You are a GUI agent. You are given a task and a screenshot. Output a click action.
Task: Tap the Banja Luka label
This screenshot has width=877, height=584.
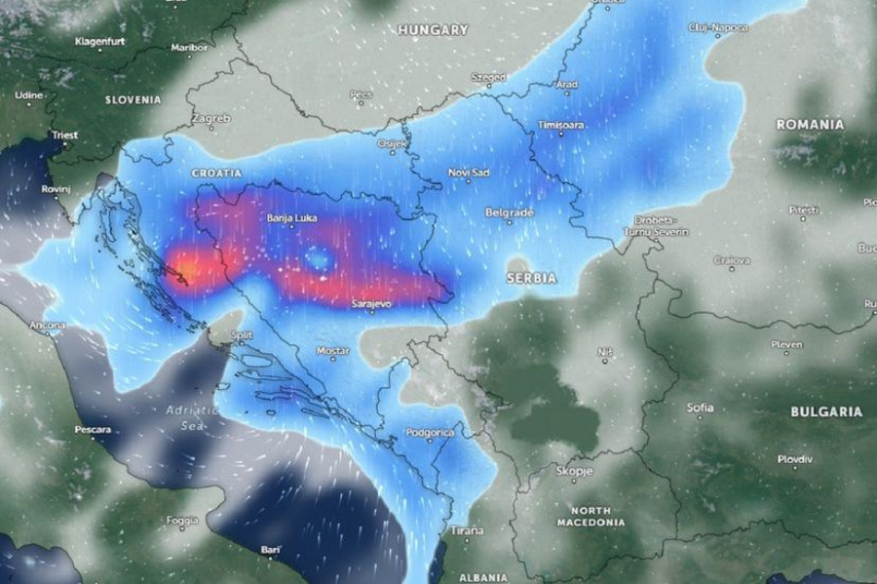pyautogui.click(x=289, y=219)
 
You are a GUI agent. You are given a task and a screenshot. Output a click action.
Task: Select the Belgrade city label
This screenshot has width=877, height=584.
pyautogui.click(x=510, y=212)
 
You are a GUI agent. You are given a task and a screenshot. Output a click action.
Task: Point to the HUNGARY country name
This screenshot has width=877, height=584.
pyautogui.click(x=433, y=30)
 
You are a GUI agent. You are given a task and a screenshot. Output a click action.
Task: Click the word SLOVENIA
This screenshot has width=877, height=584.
pyautogui.click(x=133, y=99)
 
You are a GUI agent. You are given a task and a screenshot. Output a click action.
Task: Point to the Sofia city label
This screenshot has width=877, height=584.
pyautogui.click(x=700, y=407)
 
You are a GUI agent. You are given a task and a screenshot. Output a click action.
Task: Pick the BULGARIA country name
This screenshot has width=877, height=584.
pyautogui.click(x=826, y=411)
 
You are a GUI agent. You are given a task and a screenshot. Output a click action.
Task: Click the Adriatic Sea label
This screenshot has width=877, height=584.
pyautogui.click(x=187, y=418)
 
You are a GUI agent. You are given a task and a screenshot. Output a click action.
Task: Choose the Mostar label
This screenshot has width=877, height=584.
pyautogui.click(x=332, y=350)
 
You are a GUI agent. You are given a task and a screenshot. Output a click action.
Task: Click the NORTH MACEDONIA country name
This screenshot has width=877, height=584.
pyautogui.click(x=591, y=517)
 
